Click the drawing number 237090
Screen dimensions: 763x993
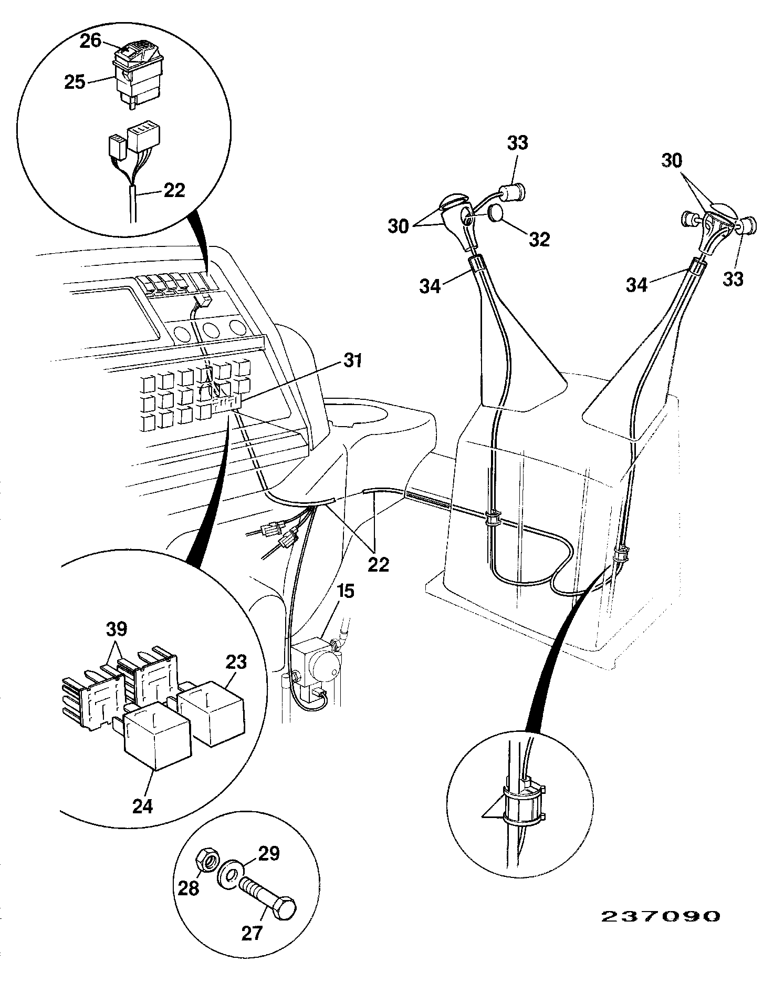coord(660,916)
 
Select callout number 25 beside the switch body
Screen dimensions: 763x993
coord(75,82)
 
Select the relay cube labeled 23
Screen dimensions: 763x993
coord(211,712)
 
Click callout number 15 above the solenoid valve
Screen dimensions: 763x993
coord(346,591)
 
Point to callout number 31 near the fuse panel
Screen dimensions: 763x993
coord(352,361)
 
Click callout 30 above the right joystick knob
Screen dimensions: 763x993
coord(672,160)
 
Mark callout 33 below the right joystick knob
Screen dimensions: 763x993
coord(733,279)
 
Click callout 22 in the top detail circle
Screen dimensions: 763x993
coord(174,190)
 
